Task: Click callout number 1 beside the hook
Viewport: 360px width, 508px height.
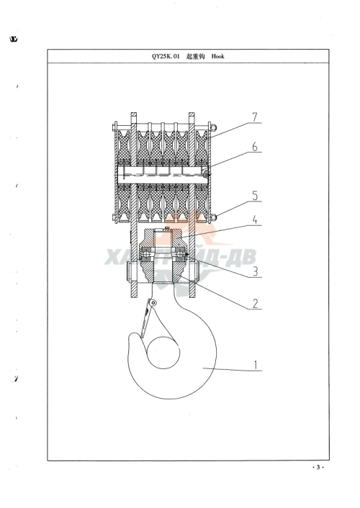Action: [x=256, y=365]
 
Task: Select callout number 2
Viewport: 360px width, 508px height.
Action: [x=256, y=304]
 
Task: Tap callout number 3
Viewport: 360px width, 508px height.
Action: [x=256, y=271]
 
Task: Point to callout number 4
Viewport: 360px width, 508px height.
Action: [x=256, y=219]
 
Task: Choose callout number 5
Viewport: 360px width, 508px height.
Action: [x=256, y=196]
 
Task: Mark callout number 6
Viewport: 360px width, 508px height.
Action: [x=256, y=147]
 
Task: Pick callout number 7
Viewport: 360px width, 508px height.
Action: [x=256, y=117]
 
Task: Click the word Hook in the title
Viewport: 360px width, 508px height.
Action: [x=218, y=56]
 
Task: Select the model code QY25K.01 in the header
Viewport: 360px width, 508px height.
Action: [x=166, y=56]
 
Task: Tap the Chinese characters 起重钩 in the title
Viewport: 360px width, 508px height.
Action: [x=196, y=56]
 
